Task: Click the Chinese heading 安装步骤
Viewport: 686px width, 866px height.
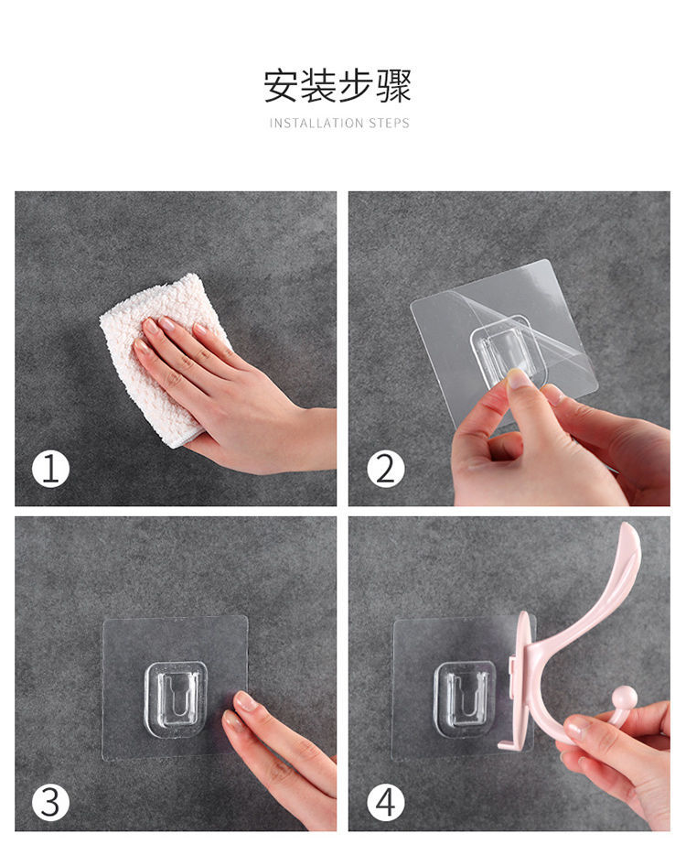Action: pyautogui.click(x=338, y=86)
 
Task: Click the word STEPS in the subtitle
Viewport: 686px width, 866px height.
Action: pyautogui.click(x=389, y=124)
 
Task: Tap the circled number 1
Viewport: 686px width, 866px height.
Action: pyautogui.click(x=51, y=470)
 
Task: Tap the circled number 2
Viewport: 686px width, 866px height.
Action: pyautogui.click(x=385, y=470)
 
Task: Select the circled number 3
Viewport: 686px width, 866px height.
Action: pyautogui.click(x=51, y=802)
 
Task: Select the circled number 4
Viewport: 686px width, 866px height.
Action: pyautogui.click(x=385, y=802)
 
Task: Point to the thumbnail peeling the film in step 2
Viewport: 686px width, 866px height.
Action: pyautogui.click(x=519, y=379)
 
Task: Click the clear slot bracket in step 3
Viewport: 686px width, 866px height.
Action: pyautogui.click(x=177, y=698)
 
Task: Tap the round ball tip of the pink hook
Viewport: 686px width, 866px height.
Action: pyautogui.click(x=625, y=697)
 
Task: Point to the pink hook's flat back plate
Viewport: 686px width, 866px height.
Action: pyautogui.click(x=521, y=679)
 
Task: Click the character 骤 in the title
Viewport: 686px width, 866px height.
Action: pyautogui.click(x=393, y=86)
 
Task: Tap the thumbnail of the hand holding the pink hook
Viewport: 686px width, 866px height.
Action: pyautogui.click(x=578, y=728)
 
